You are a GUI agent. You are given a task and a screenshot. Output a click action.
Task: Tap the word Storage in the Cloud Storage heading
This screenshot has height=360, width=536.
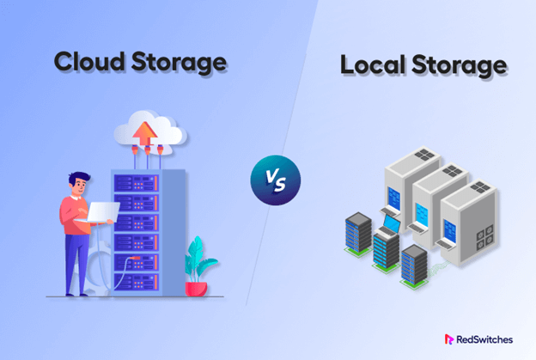tap(180, 62)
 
